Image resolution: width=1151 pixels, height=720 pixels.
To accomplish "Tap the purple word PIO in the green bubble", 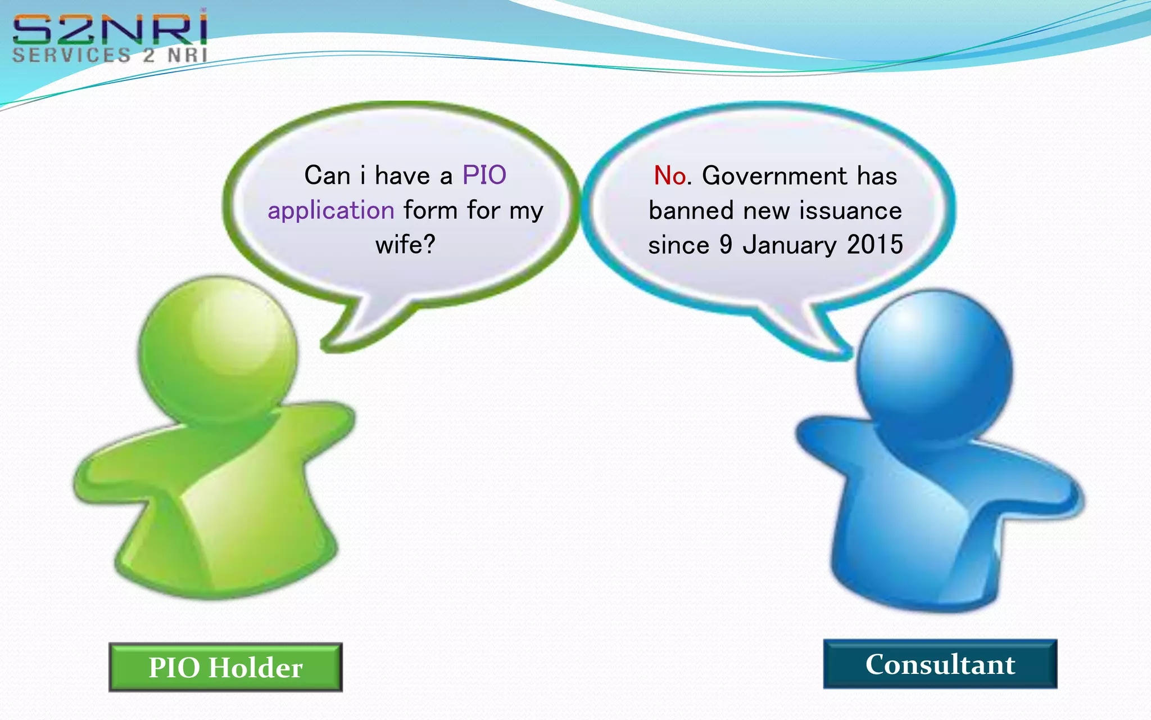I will [484, 175].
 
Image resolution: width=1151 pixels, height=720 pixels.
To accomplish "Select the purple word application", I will [331, 211].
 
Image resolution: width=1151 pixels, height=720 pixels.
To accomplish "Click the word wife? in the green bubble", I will [405, 245].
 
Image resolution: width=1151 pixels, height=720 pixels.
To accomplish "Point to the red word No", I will [670, 175].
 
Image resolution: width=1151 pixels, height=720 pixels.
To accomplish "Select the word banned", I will [691, 211].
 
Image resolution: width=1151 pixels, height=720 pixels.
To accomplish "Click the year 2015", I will [874, 245].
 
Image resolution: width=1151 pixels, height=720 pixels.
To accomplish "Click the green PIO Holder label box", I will [225, 667].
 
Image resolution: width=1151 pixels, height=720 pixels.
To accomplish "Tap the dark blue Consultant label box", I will [940, 664].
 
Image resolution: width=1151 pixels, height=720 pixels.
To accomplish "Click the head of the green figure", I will [218, 349].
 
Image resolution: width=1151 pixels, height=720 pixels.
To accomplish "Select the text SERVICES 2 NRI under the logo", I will [110, 55].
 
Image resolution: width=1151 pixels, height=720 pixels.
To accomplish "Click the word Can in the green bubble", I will [327, 175].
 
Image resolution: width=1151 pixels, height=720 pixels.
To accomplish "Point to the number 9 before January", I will [726, 245].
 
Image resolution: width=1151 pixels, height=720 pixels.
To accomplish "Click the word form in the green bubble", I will [431, 211].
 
